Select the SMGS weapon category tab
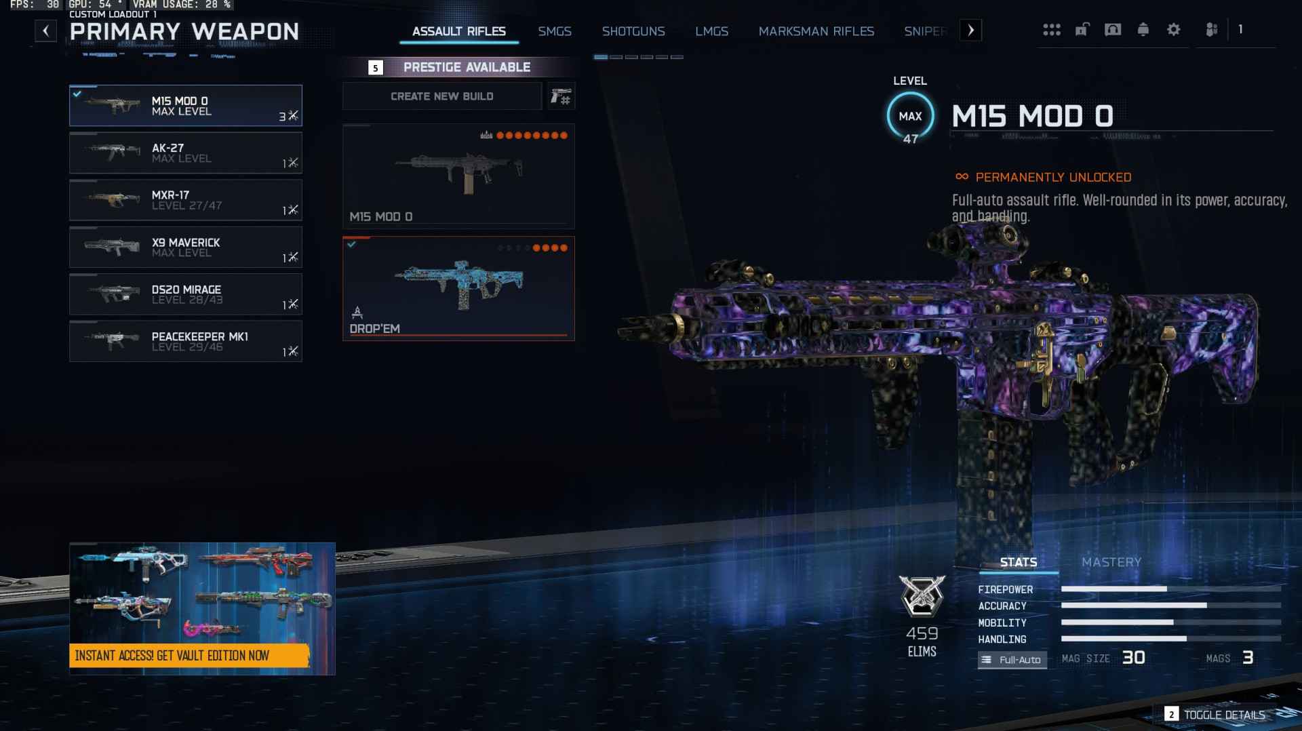(x=554, y=31)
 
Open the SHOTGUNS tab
(x=633, y=31)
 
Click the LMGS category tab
(x=711, y=31)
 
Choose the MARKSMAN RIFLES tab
(x=816, y=31)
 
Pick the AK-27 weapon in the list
(x=185, y=153)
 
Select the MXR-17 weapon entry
(x=185, y=200)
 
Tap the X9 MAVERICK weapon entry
(x=185, y=248)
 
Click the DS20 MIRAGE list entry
(x=185, y=294)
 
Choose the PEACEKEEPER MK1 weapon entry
(x=185, y=342)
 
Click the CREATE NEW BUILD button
(x=441, y=96)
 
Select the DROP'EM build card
(x=458, y=288)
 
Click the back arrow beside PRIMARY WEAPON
(x=45, y=31)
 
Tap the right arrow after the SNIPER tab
(x=970, y=31)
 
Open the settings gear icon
(x=1173, y=30)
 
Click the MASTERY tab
(x=1111, y=562)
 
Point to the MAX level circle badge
(x=910, y=117)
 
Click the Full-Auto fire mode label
(x=1012, y=660)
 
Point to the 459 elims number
(x=922, y=633)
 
